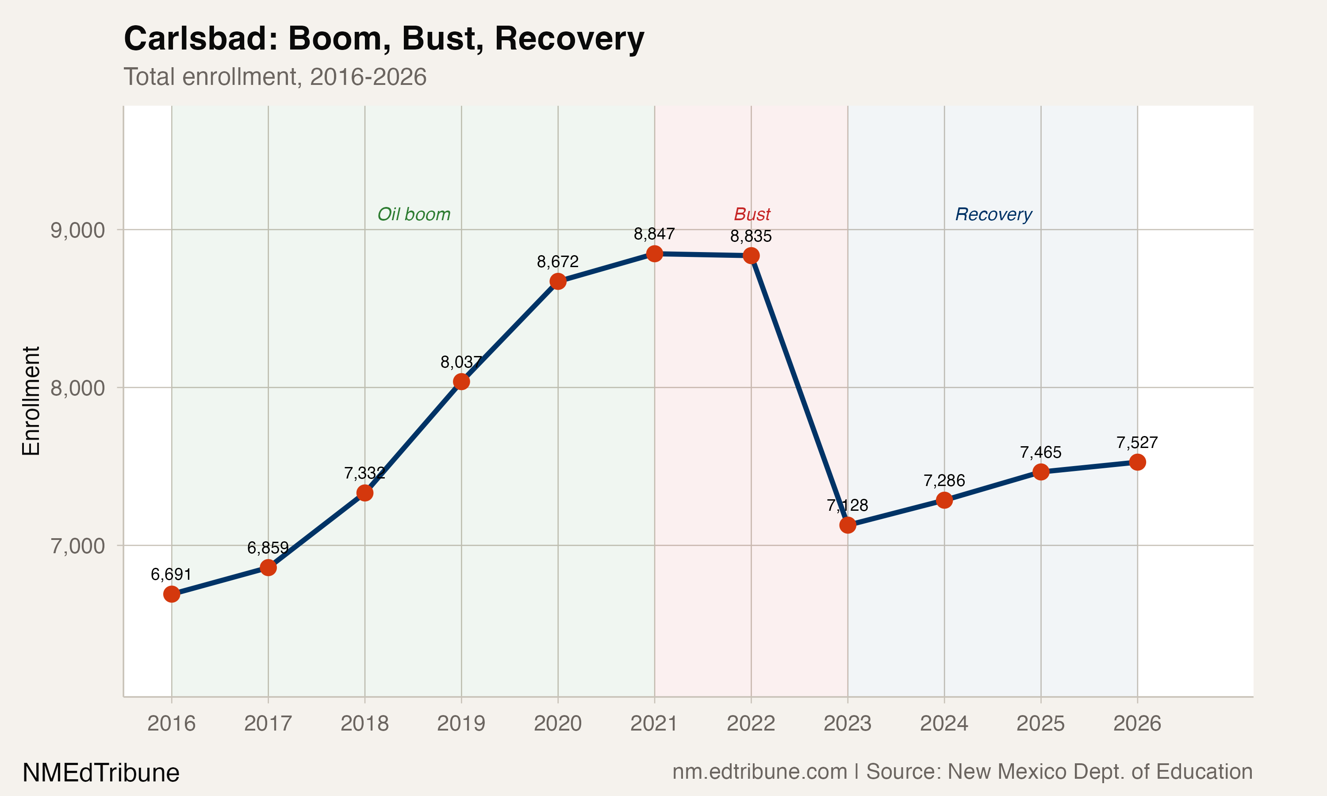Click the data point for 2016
click(x=171, y=594)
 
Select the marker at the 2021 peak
click(x=654, y=254)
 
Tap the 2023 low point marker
click(x=848, y=525)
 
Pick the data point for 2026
click(x=1137, y=462)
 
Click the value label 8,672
click(x=557, y=262)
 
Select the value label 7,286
click(x=944, y=481)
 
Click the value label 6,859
click(x=268, y=547)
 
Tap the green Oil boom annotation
click(x=414, y=214)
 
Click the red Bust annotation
click(x=752, y=214)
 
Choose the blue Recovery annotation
click(x=993, y=214)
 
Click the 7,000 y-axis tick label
click(x=77, y=546)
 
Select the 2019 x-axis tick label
click(x=461, y=723)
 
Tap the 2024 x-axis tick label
click(x=944, y=723)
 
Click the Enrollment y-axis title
click(x=31, y=401)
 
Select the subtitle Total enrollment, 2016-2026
click(x=275, y=77)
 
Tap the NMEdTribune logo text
click(x=101, y=773)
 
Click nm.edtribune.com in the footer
click(x=759, y=772)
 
